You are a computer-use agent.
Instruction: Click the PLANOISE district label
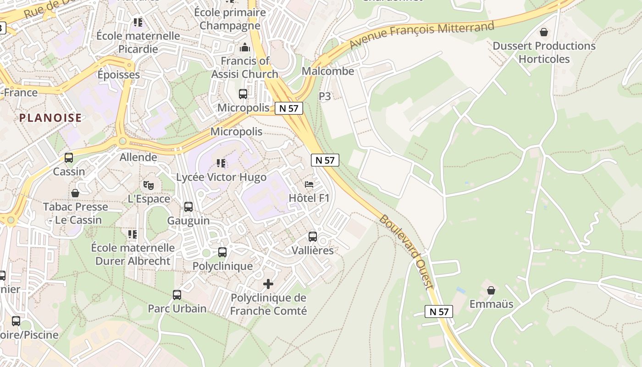(50, 118)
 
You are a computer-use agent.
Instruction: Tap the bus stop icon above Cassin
(69, 158)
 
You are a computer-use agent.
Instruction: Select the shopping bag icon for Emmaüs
(491, 290)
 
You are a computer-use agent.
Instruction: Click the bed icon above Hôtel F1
(309, 184)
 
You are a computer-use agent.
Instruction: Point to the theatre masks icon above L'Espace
(148, 185)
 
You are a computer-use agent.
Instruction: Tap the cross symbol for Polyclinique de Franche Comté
(268, 284)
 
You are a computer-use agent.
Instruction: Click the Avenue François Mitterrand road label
(421, 34)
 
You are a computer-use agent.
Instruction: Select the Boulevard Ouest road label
(406, 252)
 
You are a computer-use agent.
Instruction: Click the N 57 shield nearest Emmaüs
(439, 311)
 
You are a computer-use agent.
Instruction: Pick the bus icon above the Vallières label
(313, 237)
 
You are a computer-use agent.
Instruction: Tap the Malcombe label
(328, 71)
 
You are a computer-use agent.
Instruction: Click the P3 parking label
(325, 96)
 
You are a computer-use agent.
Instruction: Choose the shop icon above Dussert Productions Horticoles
(544, 32)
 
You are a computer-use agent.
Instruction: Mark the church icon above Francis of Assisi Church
(244, 47)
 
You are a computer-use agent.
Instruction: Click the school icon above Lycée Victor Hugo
(221, 163)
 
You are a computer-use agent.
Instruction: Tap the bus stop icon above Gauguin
(188, 207)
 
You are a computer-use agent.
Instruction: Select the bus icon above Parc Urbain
(177, 295)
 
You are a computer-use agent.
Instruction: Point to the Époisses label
(119, 74)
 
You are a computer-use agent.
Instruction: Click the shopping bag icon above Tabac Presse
(75, 193)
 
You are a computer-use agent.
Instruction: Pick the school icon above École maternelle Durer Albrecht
(133, 234)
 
